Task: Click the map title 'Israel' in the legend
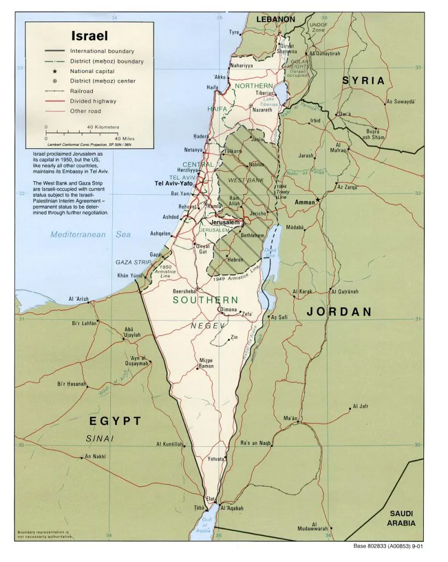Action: (89, 36)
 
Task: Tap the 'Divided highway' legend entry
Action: (93, 101)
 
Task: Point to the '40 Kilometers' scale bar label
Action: (103, 127)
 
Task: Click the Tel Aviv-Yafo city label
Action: (173, 183)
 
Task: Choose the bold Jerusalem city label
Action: (225, 222)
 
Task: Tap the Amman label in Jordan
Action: (304, 203)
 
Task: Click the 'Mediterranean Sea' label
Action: (90, 234)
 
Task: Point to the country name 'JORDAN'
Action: (339, 312)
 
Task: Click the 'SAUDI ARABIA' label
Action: (401, 518)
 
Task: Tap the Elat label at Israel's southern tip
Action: (209, 498)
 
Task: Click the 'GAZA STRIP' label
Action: (133, 262)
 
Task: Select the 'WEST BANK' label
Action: (245, 181)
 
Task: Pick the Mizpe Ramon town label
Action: (206, 363)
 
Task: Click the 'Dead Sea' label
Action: (270, 253)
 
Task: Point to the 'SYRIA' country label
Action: (364, 81)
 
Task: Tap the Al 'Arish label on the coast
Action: (78, 299)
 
